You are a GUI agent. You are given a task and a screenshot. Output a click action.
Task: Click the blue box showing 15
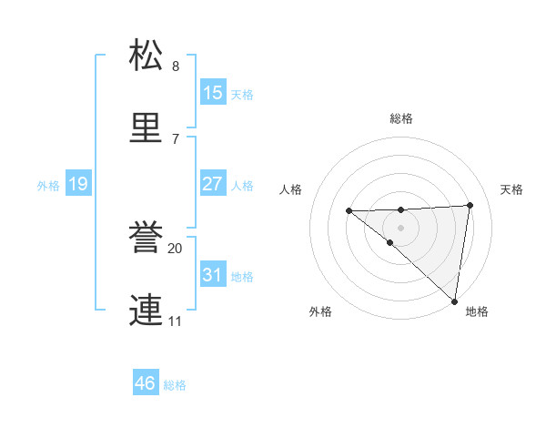pos(213,93)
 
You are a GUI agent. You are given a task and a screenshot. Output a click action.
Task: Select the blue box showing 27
pos(213,184)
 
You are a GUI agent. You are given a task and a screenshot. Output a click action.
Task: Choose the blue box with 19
pos(78,184)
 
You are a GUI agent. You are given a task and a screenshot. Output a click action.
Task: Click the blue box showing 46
pos(146,383)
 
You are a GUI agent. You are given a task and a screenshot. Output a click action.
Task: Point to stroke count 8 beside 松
pos(176,66)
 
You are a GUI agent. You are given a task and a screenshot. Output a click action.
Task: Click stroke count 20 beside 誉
pos(176,248)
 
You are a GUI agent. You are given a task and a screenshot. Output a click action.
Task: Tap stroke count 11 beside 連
pos(176,321)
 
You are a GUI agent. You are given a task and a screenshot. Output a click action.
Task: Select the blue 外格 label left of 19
pos(48,186)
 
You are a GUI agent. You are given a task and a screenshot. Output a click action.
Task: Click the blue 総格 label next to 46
pos(175,385)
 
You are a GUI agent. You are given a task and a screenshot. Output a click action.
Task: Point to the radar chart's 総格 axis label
pos(401,118)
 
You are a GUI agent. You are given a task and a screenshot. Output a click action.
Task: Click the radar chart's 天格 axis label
pos(512,189)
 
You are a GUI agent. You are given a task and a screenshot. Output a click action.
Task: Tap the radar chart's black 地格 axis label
pos(477,311)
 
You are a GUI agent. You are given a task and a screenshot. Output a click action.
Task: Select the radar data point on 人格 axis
pos(349,211)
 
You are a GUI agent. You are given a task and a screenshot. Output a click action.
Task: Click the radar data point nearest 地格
pos(454,301)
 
